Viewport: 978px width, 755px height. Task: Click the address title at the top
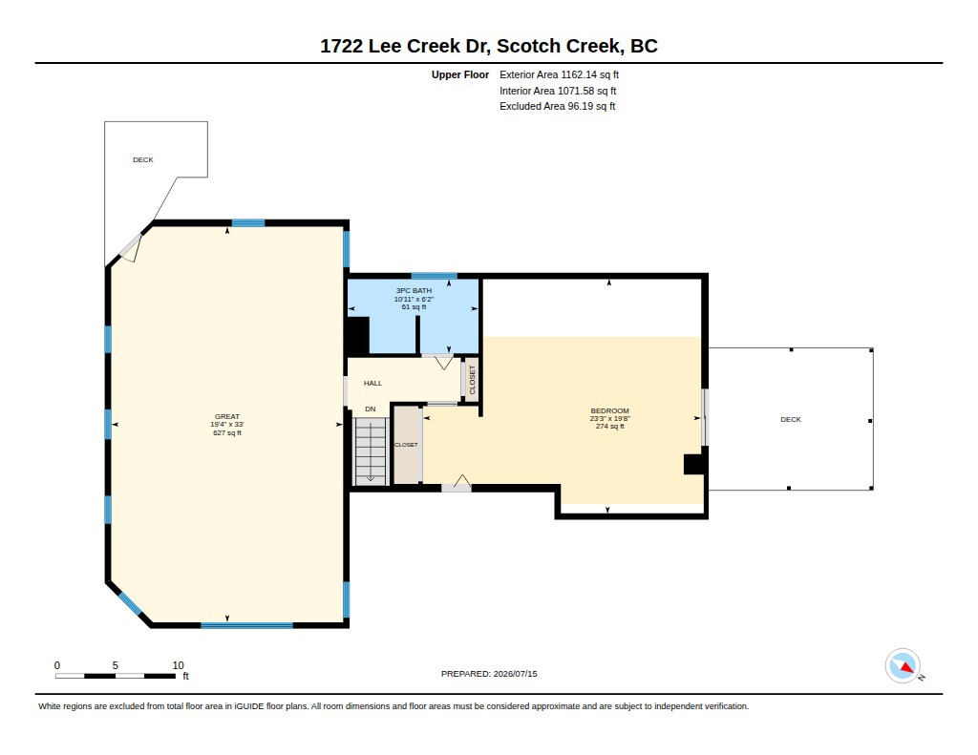click(x=489, y=46)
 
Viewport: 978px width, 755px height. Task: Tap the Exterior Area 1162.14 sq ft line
click(x=559, y=74)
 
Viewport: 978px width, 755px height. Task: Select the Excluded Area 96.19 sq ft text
click(x=557, y=107)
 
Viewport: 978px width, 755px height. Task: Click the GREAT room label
click(x=227, y=416)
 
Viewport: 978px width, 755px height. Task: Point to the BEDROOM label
click(x=610, y=410)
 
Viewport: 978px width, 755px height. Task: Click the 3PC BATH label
click(x=414, y=290)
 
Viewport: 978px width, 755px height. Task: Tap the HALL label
click(x=373, y=384)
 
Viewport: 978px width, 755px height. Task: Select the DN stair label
click(x=371, y=409)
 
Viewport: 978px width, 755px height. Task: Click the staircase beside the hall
click(x=371, y=451)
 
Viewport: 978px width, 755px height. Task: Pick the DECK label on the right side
click(x=791, y=420)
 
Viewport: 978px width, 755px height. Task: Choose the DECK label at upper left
click(x=143, y=160)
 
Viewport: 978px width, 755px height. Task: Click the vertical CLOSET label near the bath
click(x=472, y=380)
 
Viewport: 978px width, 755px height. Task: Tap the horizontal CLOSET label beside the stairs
click(x=406, y=445)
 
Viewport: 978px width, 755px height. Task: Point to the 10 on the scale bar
click(x=179, y=665)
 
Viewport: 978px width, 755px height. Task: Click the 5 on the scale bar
click(x=116, y=665)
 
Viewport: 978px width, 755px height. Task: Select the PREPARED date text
click(x=489, y=674)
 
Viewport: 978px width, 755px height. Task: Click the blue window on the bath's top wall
click(x=435, y=276)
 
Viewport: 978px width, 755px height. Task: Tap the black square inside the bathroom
click(x=358, y=335)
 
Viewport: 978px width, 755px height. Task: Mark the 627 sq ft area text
click(x=227, y=432)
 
